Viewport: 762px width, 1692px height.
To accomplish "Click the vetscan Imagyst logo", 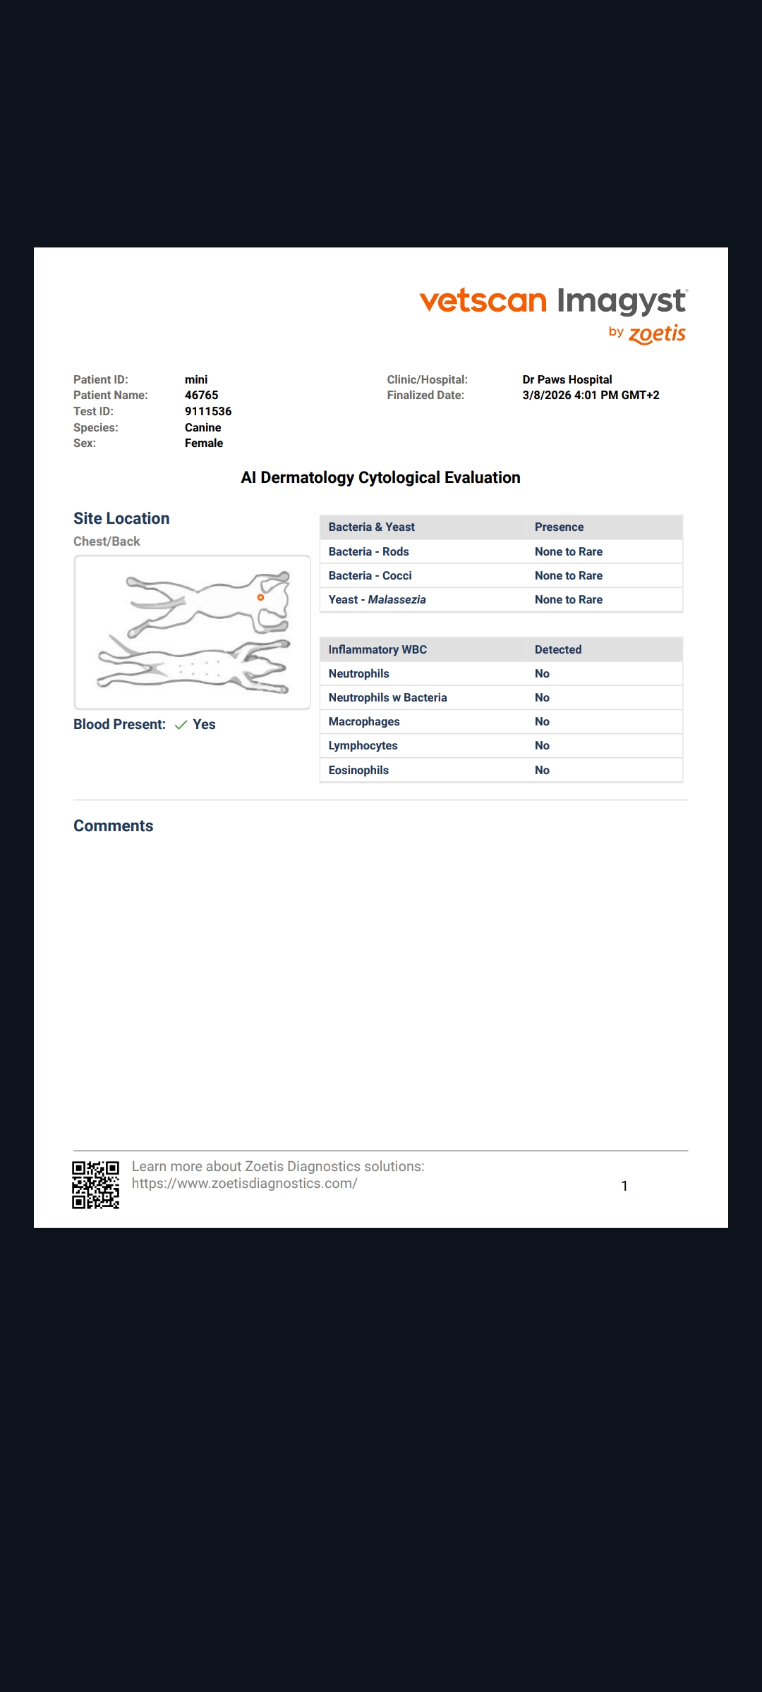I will point(553,301).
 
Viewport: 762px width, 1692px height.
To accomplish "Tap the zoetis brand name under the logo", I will point(657,333).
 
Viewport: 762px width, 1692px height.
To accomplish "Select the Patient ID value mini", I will point(196,379).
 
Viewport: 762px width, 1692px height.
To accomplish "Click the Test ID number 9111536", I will point(208,411).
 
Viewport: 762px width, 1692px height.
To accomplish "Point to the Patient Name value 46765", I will point(202,395).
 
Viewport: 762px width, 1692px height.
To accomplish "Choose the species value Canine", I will point(203,427).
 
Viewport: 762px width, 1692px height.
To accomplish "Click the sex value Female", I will point(204,443).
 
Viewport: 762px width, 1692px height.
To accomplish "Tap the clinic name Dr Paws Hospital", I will point(567,379).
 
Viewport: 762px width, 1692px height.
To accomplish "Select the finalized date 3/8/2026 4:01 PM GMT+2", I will point(591,395).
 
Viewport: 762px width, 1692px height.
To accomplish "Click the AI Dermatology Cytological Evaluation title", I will point(380,477).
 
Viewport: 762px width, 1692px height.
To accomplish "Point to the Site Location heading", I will point(121,518).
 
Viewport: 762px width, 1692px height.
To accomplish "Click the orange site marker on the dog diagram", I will point(260,597).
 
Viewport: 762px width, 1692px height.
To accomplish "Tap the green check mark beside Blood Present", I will point(181,725).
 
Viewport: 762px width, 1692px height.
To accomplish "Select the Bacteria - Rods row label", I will point(368,551).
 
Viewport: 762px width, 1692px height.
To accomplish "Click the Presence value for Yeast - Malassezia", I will point(569,599).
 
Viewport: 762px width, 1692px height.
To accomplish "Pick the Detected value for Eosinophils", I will point(542,770).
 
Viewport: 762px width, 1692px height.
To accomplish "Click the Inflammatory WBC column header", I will point(377,649).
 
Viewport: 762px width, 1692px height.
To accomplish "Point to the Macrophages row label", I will point(364,721).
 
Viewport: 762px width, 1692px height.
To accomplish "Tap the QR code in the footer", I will point(96,1184).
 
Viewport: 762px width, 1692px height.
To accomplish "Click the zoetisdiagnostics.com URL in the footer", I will point(244,1184).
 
